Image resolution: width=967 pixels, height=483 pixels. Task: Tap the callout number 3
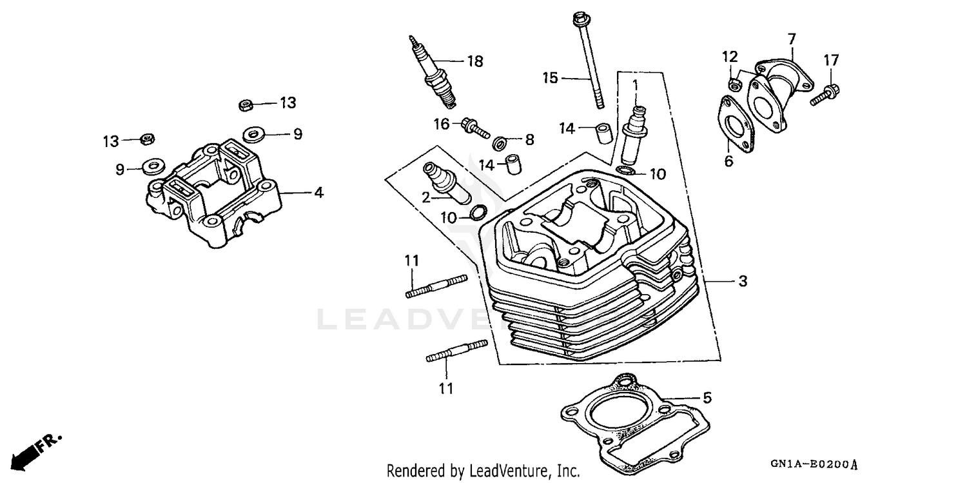point(743,281)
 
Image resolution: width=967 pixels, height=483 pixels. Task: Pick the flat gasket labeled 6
point(735,126)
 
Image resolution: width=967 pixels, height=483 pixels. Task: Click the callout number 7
point(792,38)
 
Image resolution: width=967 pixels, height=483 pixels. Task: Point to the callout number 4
point(318,192)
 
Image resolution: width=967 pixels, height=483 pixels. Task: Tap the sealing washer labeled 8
point(500,142)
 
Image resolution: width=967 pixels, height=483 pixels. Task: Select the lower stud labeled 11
point(456,352)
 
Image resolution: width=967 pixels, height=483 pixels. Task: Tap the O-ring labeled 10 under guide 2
point(478,213)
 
